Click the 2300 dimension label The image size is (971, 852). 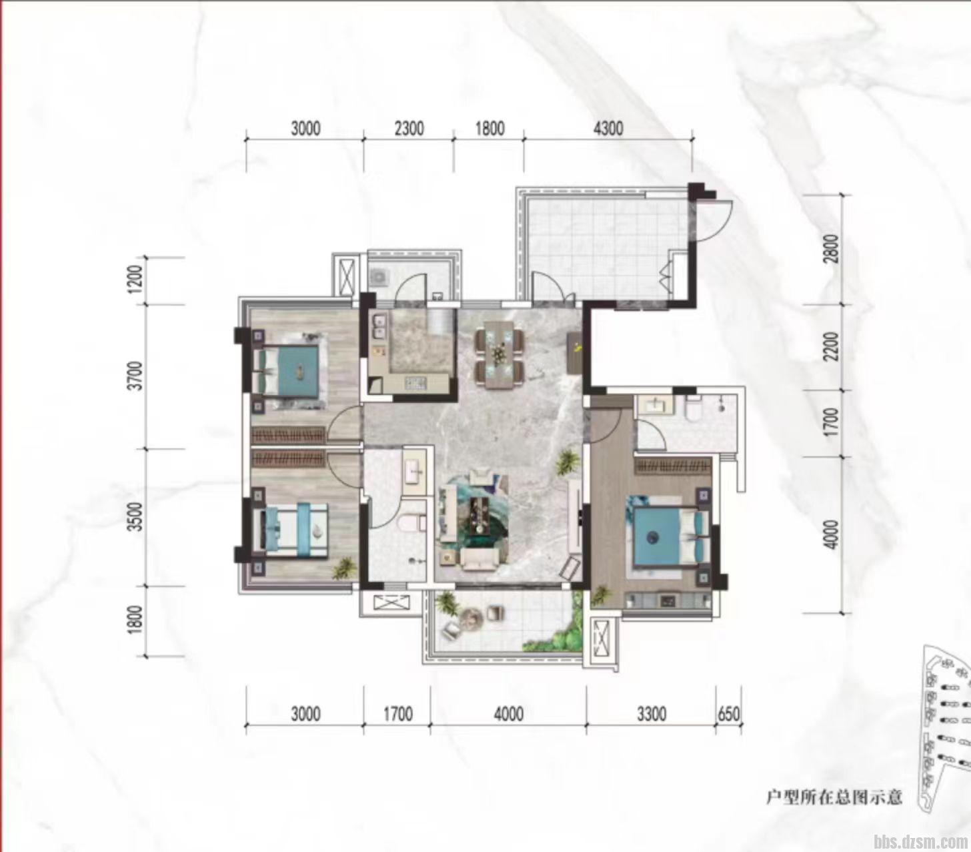pos(409,129)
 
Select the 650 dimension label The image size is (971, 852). pos(728,714)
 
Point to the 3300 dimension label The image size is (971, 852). pos(652,714)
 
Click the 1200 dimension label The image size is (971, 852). pos(137,280)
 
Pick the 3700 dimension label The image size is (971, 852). pos(137,376)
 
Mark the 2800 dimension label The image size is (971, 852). pos(833,248)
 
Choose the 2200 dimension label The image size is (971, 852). pos(833,347)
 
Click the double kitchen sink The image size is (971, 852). pos(379,326)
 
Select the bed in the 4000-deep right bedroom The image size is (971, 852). pos(671,538)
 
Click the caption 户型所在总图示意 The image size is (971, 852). pos(834,797)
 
